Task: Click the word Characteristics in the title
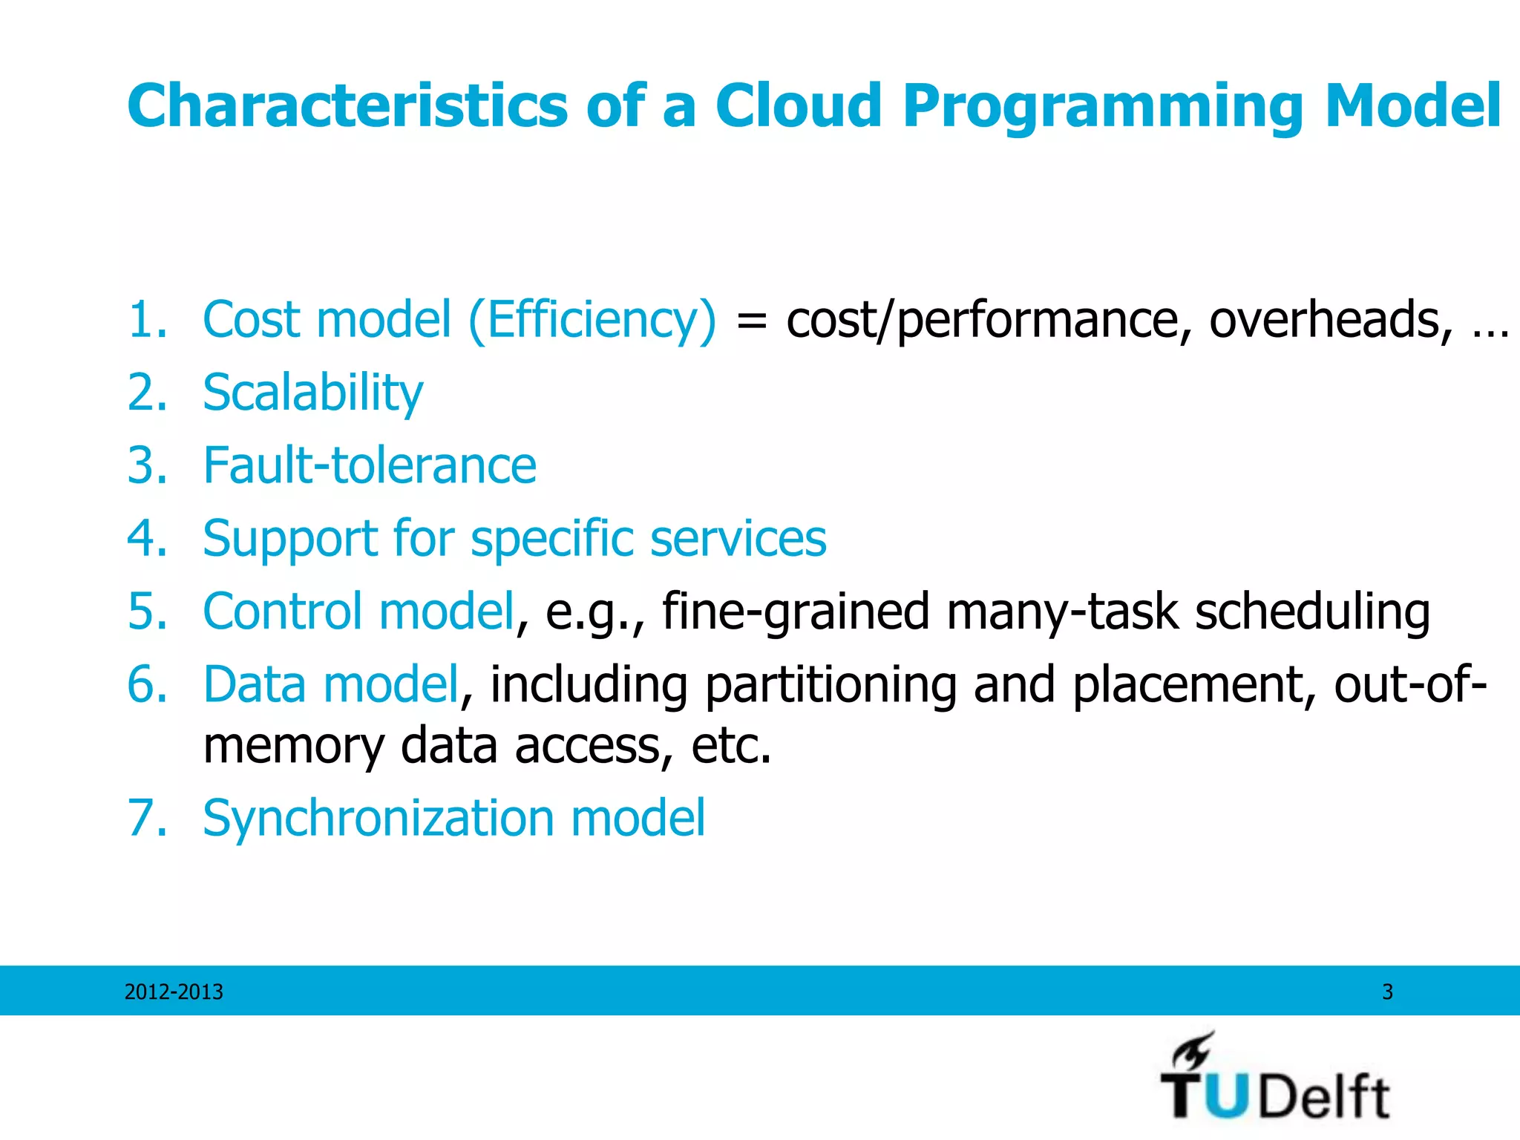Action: [x=347, y=106]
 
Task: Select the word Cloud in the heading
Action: [x=799, y=106]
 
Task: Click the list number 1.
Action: [x=145, y=320]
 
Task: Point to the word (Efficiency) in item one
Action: [x=592, y=320]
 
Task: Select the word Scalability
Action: [x=312, y=393]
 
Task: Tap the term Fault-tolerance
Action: [x=369, y=465]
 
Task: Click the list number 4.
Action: [x=145, y=538]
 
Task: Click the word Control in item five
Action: [x=282, y=611]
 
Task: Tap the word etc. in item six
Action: [x=731, y=745]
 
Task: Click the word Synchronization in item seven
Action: [x=378, y=818]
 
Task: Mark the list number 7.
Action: [x=145, y=818]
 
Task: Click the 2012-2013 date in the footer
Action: [x=174, y=992]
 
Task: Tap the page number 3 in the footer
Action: [x=1387, y=992]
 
